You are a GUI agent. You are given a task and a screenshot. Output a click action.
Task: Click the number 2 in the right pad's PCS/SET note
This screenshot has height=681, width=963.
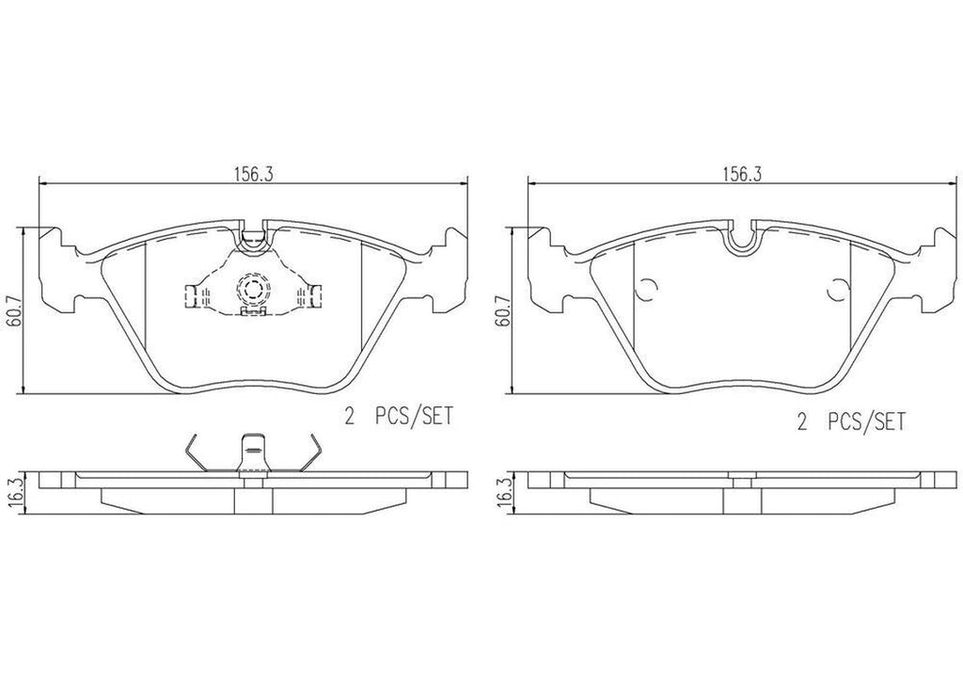[x=803, y=422]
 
